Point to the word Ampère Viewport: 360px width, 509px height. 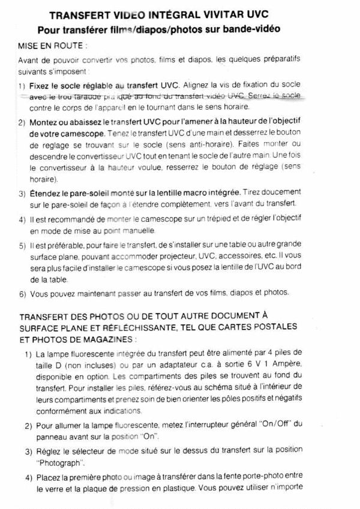click(x=285, y=365)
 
